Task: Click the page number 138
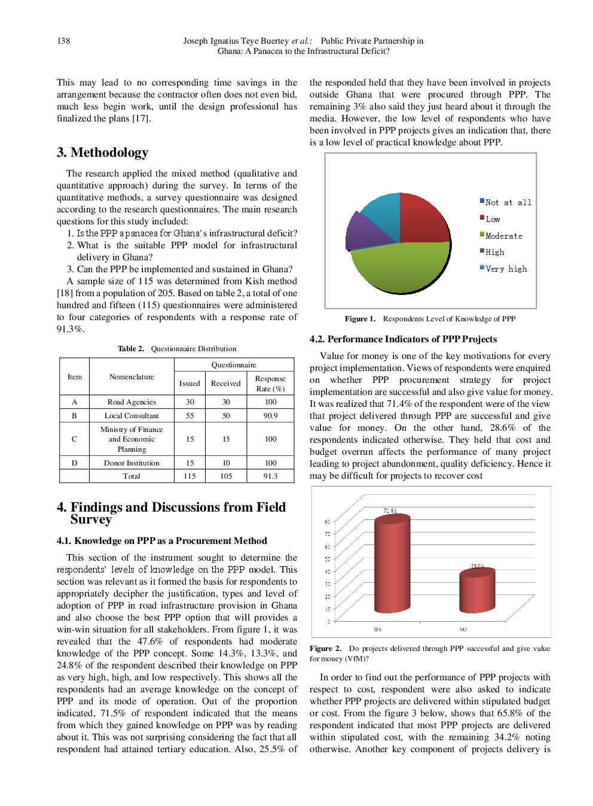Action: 63,41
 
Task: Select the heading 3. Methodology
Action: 102,153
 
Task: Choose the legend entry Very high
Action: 506,269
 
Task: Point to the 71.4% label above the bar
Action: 390,510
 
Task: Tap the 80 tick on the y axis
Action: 328,522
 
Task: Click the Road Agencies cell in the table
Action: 132,402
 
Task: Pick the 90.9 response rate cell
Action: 270,415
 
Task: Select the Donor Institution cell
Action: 132,463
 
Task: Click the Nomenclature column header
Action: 132,377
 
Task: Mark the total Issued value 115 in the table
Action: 189,476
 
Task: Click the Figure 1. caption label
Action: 360,319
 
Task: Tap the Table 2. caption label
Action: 131,349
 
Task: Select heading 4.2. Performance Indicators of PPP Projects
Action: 403,339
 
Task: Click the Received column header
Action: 226,384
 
